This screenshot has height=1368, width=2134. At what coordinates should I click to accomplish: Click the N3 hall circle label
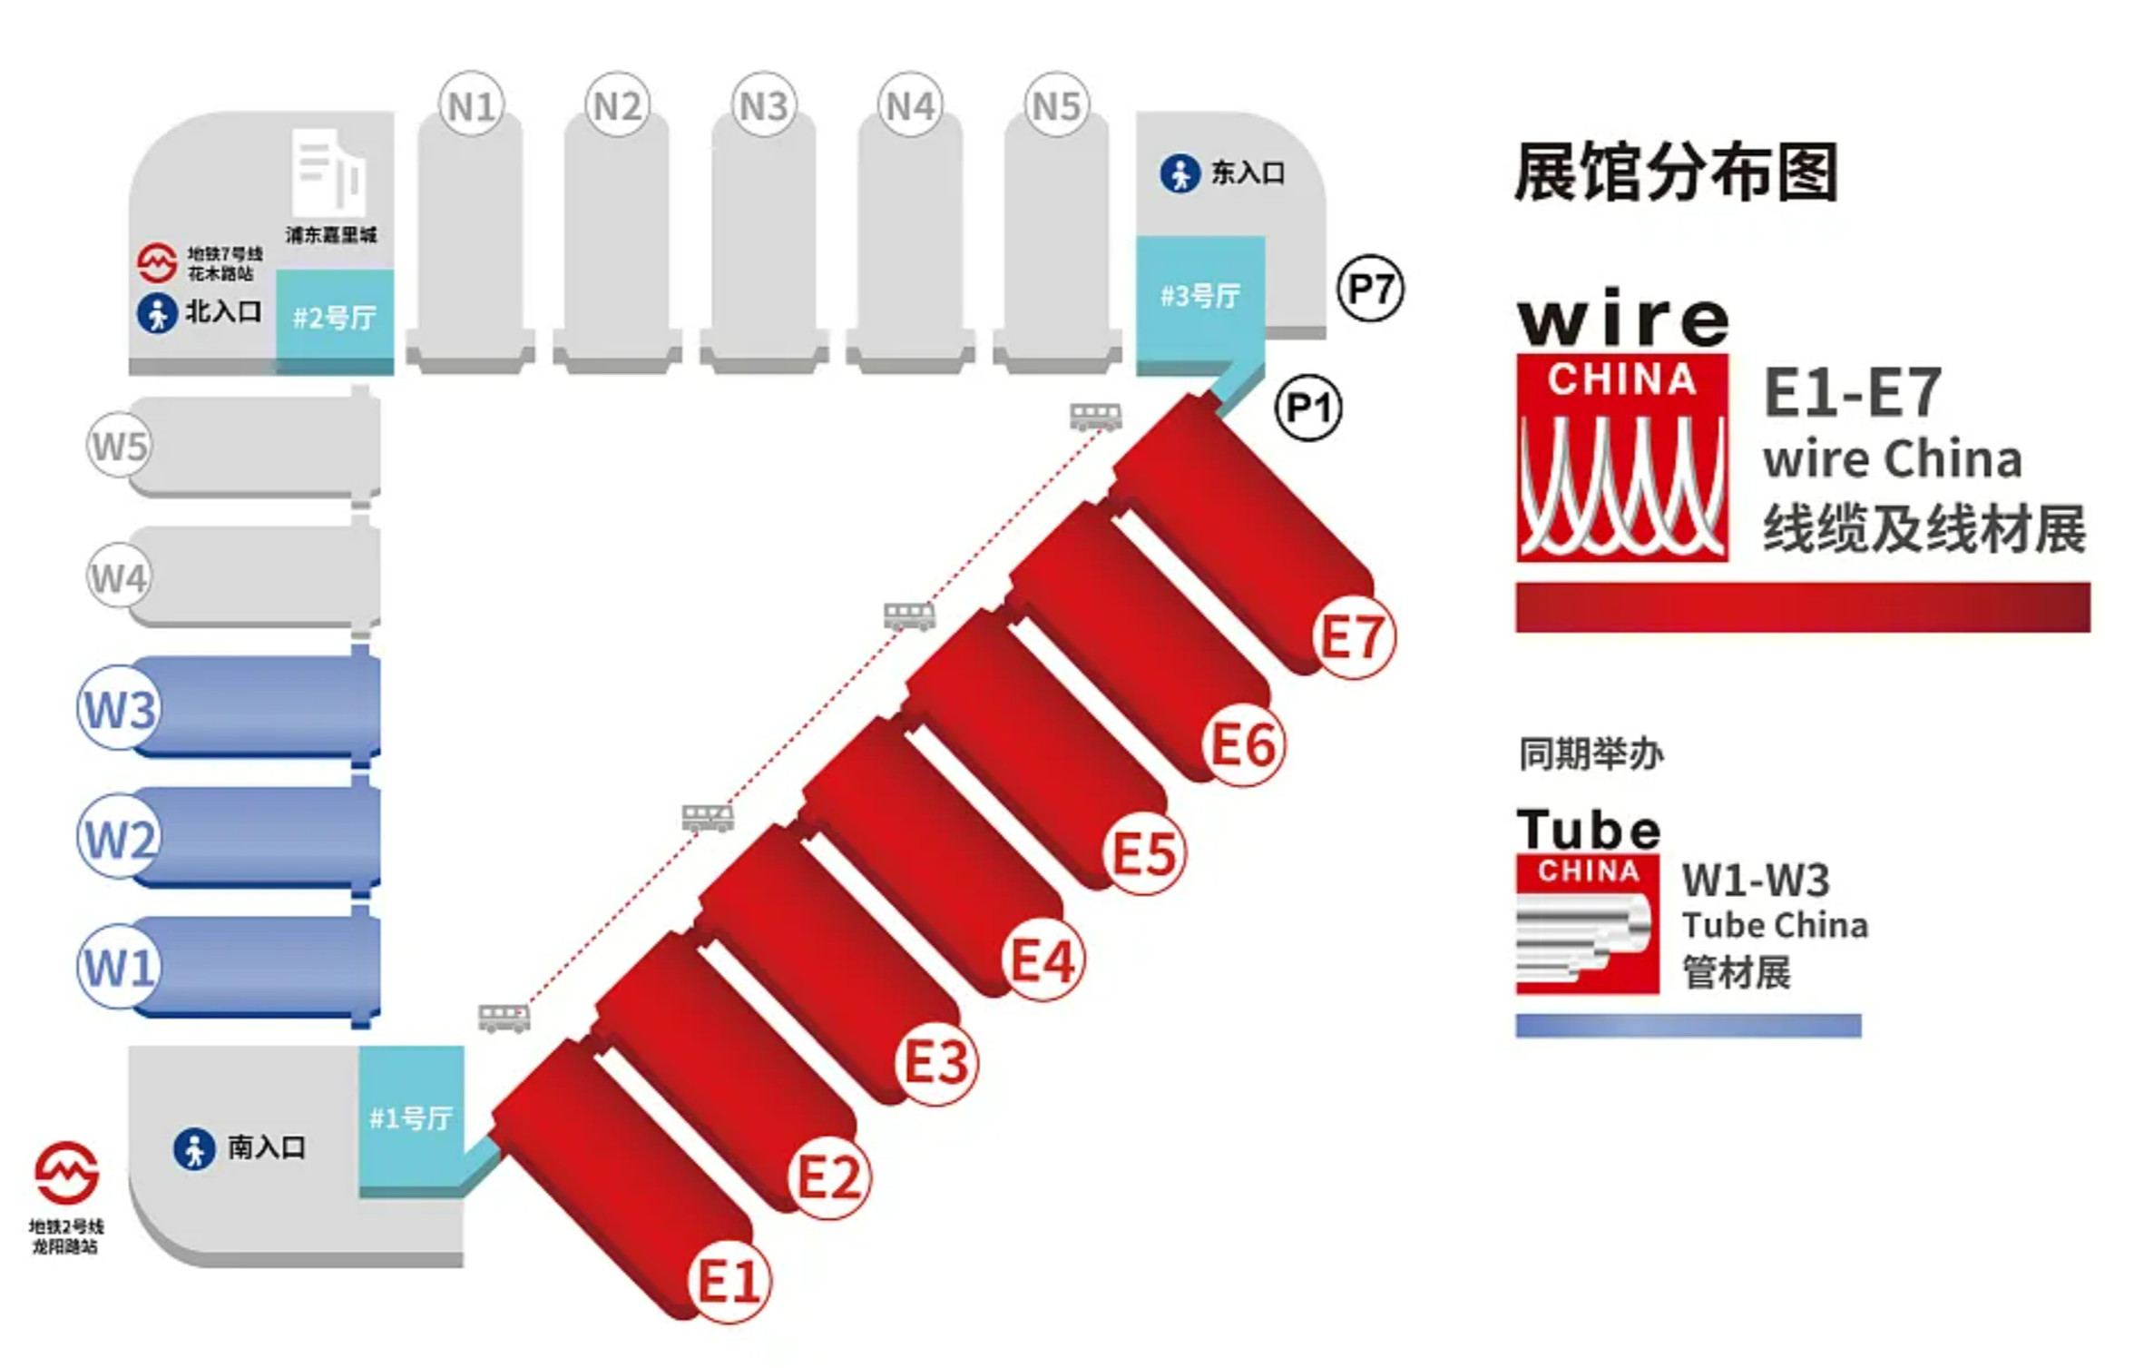pos(763,105)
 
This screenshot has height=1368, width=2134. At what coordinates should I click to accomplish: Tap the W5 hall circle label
pos(120,446)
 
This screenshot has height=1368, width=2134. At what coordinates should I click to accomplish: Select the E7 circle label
pos(1353,637)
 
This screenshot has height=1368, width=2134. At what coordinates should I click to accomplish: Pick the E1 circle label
pos(729,1282)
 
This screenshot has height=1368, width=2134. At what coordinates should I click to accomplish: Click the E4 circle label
pos(1043,960)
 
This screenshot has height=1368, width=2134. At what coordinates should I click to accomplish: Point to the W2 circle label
pos(119,838)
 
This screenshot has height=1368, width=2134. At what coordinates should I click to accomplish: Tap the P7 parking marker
pos(1370,290)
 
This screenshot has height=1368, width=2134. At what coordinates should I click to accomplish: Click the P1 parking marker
pos(1307,408)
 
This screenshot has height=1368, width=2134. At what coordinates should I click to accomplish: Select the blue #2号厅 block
pos(335,318)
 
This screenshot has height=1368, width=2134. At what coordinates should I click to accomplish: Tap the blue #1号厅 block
pos(411,1117)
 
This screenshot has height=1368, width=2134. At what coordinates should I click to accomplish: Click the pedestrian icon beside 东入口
pos(1180,173)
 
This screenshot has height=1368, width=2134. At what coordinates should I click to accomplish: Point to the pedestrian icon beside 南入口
pos(194,1149)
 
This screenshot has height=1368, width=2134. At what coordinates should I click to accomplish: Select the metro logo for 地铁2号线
pos(66,1172)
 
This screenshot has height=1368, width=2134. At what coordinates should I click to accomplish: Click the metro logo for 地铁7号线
pos(157,262)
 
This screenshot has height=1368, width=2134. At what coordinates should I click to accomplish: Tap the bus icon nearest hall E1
pos(504,1017)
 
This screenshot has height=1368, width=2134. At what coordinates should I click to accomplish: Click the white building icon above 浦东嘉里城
pos(329,172)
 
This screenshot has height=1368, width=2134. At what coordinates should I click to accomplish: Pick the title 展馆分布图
pos(1676,172)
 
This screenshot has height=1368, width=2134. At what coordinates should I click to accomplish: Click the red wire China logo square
pos(1622,457)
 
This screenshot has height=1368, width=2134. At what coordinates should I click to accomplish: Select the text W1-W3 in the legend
pos(1756,879)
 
